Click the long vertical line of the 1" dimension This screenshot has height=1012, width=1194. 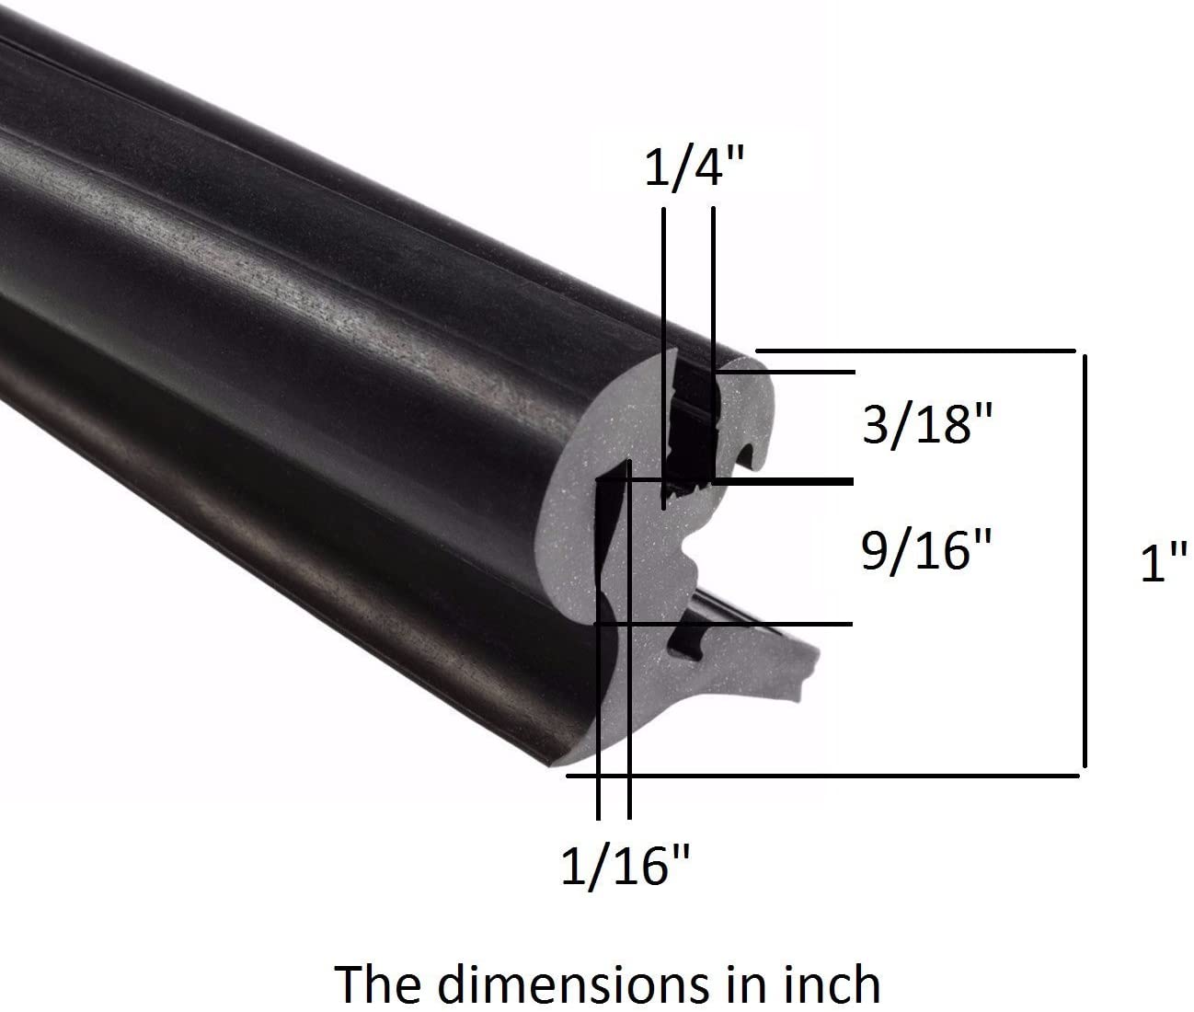[x=1086, y=561]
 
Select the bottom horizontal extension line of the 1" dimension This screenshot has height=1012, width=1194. [x=828, y=776]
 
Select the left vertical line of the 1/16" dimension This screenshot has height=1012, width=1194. [x=598, y=718]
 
